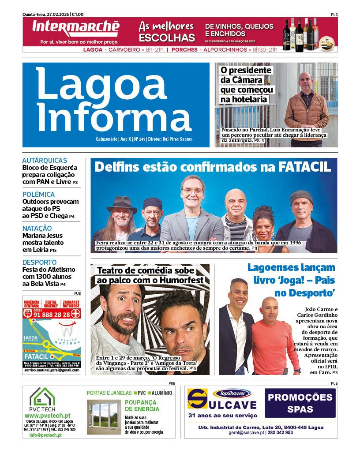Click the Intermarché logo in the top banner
tap(75, 28)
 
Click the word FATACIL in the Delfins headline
tap(304, 167)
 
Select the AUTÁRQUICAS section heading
tap(45, 161)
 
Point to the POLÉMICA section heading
tap(38, 195)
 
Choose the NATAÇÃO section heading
tap(37, 229)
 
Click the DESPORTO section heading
tap(39, 262)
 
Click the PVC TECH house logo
tap(42, 397)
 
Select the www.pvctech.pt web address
tap(48, 416)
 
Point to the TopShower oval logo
tap(232, 393)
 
